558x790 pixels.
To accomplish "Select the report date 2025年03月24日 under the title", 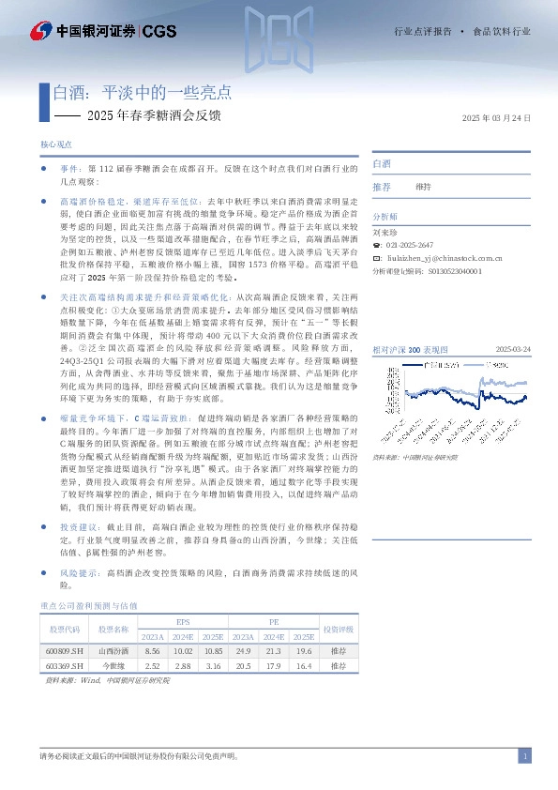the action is [x=497, y=117].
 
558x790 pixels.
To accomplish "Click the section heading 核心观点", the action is [x=56, y=145].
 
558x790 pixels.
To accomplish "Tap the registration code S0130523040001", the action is [x=454, y=270].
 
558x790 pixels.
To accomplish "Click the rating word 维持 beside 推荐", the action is [x=423, y=187].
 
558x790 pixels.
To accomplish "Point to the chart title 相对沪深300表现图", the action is [x=410, y=322].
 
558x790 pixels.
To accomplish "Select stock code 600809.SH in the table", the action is [x=63, y=649].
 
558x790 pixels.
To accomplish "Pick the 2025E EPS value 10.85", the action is [x=213, y=649].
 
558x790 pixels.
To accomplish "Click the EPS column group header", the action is [x=183, y=621].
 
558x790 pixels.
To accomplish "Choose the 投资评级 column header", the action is [x=338, y=628].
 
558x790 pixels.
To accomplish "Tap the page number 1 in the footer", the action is [x=526, y=756].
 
